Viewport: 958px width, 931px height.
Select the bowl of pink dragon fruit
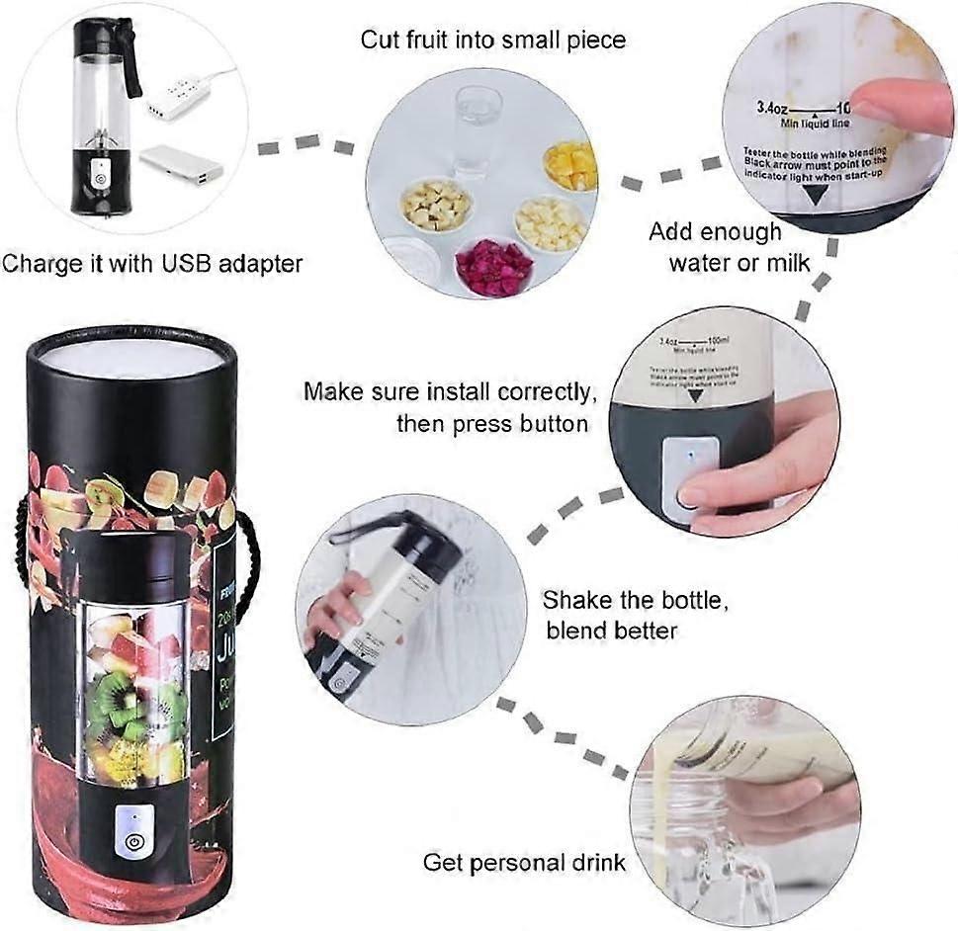494,265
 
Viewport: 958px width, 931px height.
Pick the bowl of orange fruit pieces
570,165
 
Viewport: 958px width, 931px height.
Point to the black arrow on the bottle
815,195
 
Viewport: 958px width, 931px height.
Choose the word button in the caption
554,423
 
